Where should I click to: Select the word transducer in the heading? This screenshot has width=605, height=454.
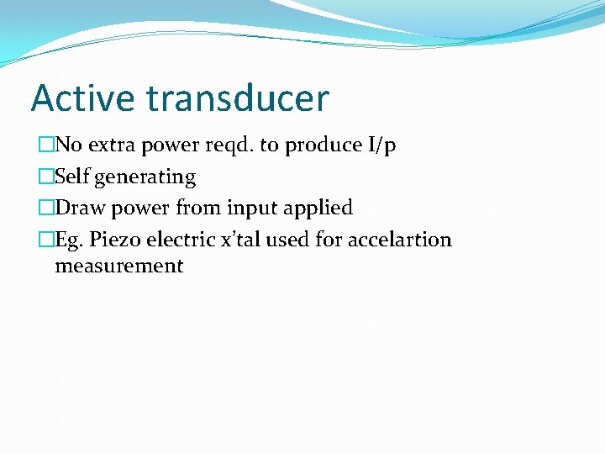237,98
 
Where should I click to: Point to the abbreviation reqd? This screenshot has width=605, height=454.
229,145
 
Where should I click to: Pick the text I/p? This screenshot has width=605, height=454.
381,145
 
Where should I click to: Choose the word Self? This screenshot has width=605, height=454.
72,177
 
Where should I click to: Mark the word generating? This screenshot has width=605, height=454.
145,177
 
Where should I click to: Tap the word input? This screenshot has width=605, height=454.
251,208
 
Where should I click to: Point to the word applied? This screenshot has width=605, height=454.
319,208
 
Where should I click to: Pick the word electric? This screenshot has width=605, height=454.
176,240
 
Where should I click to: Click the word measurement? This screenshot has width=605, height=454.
118,267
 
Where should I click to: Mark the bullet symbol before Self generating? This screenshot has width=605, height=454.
45,177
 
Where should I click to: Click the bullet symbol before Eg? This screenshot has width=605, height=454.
45,240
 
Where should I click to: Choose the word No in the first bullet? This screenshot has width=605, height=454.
68,145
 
